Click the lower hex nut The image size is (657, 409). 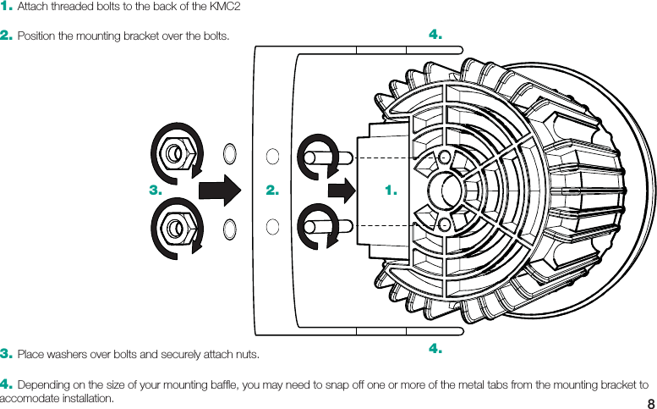[174, 227]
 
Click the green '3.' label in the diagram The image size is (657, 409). [155, 191]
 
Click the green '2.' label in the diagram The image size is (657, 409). [271, 191]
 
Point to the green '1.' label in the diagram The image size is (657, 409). [390, 191]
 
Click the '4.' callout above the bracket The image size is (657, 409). [435, 35]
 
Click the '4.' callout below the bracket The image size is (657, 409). [435, 348]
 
